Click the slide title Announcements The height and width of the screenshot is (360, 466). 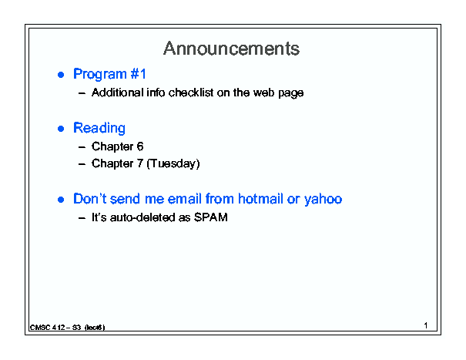[231, 49]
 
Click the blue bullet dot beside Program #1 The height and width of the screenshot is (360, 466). [61, 75]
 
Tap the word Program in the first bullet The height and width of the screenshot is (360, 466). [100, 74]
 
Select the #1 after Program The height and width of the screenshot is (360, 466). [138, 73]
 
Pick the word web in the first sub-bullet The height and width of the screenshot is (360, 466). [263, 93]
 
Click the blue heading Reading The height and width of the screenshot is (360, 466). [99, 128]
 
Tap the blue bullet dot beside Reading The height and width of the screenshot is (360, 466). [61, 129]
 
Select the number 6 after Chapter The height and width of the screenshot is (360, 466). [140, 146]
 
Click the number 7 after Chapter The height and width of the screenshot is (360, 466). [140, 163]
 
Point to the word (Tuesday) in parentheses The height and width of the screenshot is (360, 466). [173, 163]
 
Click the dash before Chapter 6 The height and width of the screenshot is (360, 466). [82, 147]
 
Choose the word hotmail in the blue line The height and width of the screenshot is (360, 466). [260, 199]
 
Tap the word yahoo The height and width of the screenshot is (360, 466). [323, 200]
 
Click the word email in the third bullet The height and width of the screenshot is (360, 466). [185, 199]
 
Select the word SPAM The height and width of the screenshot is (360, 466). [211, 217]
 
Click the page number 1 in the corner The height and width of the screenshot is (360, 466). [426, 325]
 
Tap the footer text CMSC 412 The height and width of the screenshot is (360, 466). [48, 328]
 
